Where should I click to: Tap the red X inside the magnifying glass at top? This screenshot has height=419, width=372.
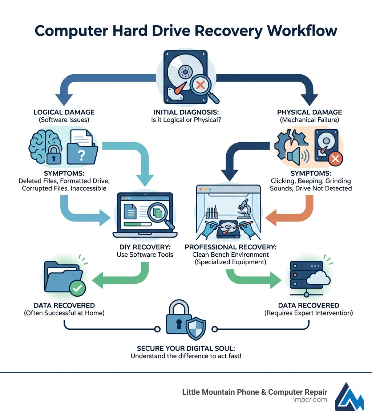[200, 85]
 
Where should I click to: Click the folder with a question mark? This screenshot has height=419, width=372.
[82, 154]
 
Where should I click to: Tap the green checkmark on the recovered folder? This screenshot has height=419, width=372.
[77, 288]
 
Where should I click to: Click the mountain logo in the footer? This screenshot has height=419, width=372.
[349, 396]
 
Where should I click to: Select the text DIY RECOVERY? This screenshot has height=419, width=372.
[145, 247]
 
